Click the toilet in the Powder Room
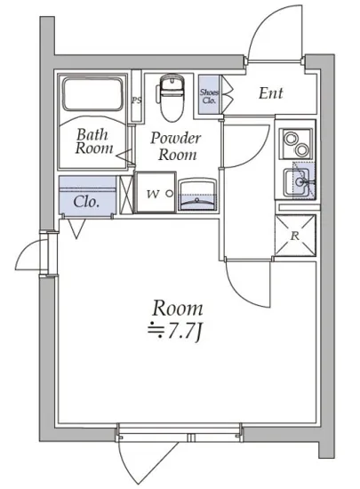click(172, 97)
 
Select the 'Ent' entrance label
click(270, 93)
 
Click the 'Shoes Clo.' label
click(209, 96)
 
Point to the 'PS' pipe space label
click(136, 100)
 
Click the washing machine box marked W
click(156, 192)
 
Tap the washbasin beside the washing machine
click(197, 196)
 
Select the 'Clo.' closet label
click(86, 202)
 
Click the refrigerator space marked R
click(295, 235)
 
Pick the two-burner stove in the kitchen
click(295, 143)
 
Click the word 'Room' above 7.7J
click(178, 309)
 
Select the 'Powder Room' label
click(176, 146)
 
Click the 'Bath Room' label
click(94, 141)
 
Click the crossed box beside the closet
click(126, 195)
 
